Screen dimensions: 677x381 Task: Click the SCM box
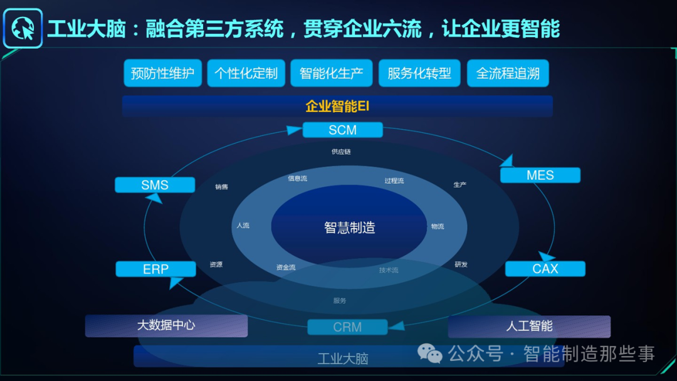[342, 130]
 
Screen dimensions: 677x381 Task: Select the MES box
[540, 175]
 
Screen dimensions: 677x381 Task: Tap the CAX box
[545, 269]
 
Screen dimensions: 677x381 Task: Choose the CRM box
[347, 327]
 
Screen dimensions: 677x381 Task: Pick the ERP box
[155, 269]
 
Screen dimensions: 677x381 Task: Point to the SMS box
[155, 185]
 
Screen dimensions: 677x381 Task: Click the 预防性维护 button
[162, 73]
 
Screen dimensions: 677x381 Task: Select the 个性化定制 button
[246, 73]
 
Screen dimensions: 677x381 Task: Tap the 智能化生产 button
[332, 73]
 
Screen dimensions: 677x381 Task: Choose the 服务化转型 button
[419, 73]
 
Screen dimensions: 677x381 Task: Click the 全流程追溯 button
[508, 73]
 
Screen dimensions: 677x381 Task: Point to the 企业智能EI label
[337, 106]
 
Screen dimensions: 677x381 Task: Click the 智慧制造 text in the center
[349, 227]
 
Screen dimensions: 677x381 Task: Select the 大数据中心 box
[166, 326]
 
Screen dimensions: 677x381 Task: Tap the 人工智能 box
[529, 326]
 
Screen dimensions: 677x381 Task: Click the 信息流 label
[298, 179]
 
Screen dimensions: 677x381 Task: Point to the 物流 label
[438, 226]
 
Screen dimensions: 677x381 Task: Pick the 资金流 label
[286, 268]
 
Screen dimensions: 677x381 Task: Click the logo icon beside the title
[23, 29]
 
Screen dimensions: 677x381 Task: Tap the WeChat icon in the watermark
[430, 354]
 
